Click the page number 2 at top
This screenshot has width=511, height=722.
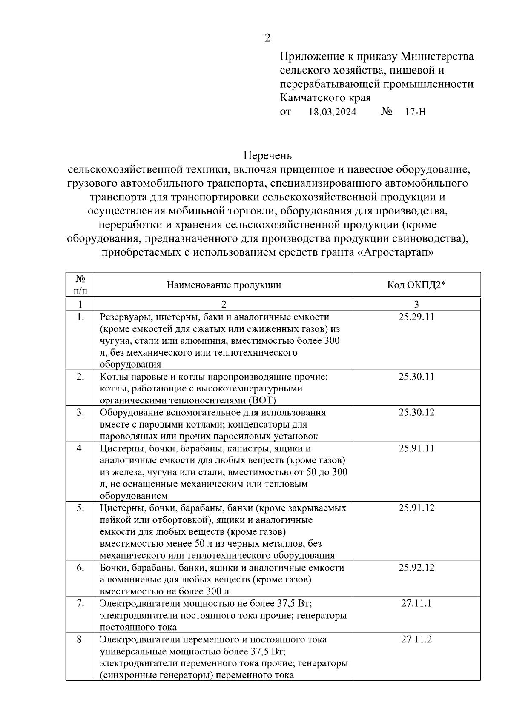pyautogui.click(x=267, y=38)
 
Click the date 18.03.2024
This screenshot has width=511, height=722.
pyautogui.click(x=332, y=112)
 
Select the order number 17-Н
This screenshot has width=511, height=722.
pyautogui.click(x=415, y=112)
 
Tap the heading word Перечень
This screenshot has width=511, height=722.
pyautogui.click(x=267, y=156)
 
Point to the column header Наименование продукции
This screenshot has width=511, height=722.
pyautogui.click(x=224, y=285)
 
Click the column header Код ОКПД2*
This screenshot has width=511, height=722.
pyautogui.click(x=416, y=285)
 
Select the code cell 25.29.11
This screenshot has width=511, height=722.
pyautogui.click(x=416, y=317)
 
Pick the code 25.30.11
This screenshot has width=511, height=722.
pyautogui.click(x=416, y=377)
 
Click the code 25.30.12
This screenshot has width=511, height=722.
pyautogui.click(x=416, y=412)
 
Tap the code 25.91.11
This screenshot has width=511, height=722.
pyautogui.click(x=416, y=448)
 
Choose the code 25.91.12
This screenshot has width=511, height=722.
pyautogui.click(x=416, y=508)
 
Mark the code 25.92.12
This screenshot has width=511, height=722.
pyautogui.click(x=416, y=568)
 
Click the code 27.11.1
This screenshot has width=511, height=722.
pyautogui.click(x=416, y=603)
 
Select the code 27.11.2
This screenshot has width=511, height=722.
pyautogui.click(x=416, y=639)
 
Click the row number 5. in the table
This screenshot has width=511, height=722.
pyautogui.click(x=80, y=508)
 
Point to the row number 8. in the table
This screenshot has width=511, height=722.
pyautogui.click(x=80, y=639)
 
